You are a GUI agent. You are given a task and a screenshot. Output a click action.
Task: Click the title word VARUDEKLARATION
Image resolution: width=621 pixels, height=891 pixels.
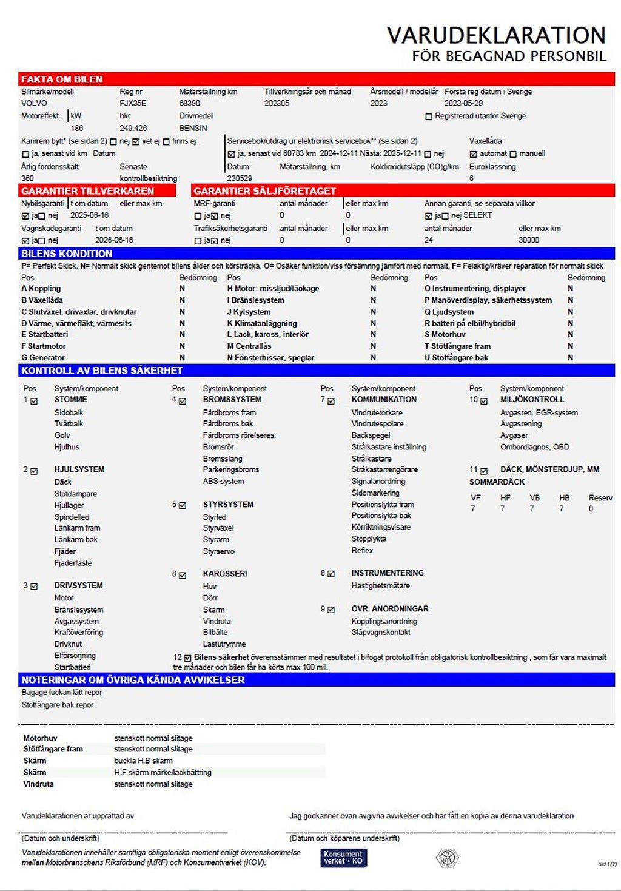[x=496, y=35]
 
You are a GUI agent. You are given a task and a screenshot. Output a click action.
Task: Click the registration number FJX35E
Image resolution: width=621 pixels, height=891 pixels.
[x=133, y=103]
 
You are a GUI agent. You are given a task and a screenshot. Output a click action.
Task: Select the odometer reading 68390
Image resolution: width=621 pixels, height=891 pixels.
[x=189, y=103]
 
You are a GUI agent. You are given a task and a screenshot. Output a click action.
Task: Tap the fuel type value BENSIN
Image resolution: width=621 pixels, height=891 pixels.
[x=193, y=128]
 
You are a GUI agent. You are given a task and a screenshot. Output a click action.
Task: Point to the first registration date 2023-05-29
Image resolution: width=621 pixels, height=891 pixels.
[x=463, y=103]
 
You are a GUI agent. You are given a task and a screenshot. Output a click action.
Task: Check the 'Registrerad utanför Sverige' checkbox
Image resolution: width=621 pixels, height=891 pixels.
[x=429, y=116]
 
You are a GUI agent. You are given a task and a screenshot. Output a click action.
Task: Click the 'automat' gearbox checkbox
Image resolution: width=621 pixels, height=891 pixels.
[x=474, y=154]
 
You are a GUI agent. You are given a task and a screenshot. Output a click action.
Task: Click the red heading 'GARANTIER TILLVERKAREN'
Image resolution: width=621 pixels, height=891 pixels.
[x=87, y=190]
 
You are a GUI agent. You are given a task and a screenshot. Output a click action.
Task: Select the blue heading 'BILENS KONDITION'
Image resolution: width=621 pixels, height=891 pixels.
[x=67, y=254]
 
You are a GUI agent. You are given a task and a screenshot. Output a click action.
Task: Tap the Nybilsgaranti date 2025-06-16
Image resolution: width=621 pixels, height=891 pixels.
[x=89, y=215]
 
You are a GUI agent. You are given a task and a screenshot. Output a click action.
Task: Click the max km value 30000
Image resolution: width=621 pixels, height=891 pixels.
[x=528, y=240]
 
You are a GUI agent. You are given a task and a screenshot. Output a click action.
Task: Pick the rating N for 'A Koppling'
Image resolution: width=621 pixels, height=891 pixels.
[x=182, y=289]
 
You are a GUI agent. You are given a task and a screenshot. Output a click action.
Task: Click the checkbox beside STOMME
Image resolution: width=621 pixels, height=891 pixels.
[x=34, y=401]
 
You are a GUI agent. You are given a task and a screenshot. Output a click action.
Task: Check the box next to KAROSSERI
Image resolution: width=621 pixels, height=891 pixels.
[x=182, y=575]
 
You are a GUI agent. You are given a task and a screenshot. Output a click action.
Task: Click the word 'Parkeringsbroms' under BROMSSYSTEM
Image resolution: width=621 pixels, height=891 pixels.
[x=230, y=469]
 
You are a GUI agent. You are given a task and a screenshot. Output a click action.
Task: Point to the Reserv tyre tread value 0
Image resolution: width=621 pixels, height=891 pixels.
[x=591, y=509]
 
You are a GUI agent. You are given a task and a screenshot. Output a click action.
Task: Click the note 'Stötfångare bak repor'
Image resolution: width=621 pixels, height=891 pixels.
[x=58, y=705]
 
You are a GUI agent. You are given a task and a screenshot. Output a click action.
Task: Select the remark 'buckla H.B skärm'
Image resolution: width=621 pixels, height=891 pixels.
[x=143, y=761]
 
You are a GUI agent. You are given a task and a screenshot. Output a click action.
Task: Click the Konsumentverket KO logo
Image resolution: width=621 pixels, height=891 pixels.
[x=343, y=857]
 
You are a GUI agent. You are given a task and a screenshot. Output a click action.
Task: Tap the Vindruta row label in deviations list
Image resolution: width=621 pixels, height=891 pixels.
[x=38, y=784]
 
